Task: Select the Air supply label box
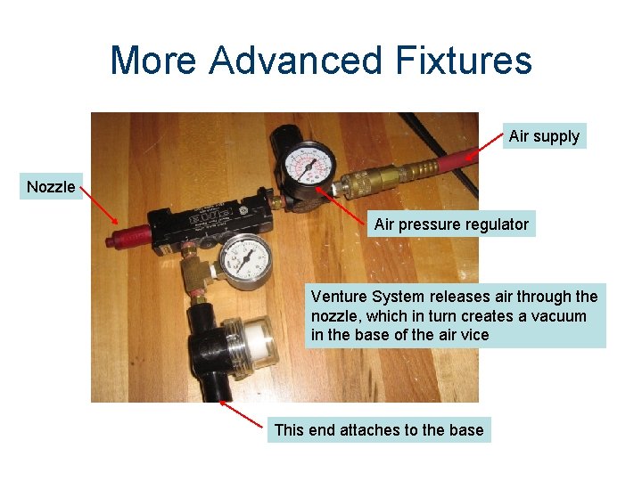544,136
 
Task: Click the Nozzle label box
52,186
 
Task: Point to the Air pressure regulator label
451,224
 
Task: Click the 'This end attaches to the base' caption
379,430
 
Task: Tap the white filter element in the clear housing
258,340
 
